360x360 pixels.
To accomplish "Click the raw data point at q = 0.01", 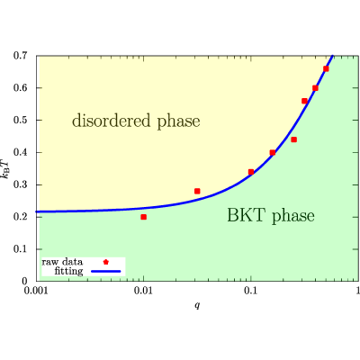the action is pos(144,217).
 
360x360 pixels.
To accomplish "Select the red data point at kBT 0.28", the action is pos(197,191).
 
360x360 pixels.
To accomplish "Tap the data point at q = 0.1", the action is pos(251,172).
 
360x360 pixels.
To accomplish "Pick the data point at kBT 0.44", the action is pos(294,139).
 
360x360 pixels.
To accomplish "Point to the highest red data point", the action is pos(326,68).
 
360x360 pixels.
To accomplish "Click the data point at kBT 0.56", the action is pos(304,101).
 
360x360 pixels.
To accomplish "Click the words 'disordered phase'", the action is pos(136,121).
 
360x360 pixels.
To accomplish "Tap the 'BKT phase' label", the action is pos(271,215).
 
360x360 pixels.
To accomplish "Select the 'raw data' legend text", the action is pos(62,262).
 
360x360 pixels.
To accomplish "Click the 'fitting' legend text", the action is pos(68,271).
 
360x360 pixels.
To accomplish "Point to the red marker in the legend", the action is pos(105,262).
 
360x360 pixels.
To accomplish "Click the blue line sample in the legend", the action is pos(105,272).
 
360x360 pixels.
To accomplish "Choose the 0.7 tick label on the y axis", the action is pos(21,56).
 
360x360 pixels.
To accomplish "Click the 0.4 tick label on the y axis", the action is pos(21,152).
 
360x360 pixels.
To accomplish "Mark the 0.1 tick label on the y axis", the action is pos(21,249).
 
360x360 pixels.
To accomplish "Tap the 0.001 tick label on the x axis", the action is pos(36,291).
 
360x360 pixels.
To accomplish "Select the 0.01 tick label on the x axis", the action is pos(144,291).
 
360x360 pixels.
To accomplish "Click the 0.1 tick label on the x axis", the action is pos(251,291).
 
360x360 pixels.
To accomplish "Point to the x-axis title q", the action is pos(197,306).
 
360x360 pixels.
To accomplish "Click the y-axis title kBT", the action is pos(6,168).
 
